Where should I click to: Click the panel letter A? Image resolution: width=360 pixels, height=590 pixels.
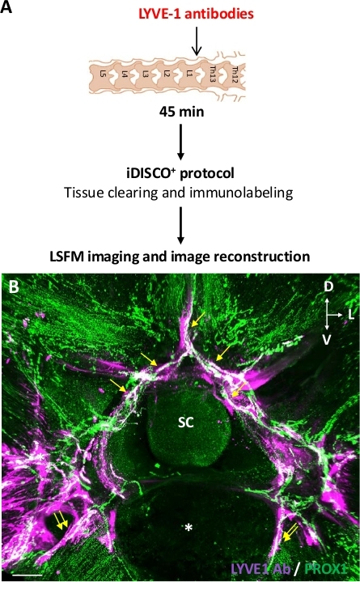(x=6, y=6)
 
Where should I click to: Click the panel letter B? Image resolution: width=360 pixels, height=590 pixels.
(x=14, y=287)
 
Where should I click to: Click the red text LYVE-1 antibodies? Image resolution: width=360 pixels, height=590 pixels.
(x=196, y=14)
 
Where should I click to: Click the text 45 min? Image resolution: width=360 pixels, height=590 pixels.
(x=182, y=112)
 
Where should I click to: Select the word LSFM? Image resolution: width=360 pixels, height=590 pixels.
(x=65, y=257)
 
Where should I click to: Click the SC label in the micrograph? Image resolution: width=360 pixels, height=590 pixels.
(x=186, y=422)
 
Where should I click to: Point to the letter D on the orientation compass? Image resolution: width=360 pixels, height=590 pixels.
(x=328, y=287)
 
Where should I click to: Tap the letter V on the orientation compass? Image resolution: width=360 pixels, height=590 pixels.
(x=327, y=340)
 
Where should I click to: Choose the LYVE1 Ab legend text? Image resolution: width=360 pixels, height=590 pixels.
(x=260, y=568)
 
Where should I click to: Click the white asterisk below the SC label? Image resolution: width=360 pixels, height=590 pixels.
(x=188, y=528)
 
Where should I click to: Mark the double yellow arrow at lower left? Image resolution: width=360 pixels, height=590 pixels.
(x=61, y=520)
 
